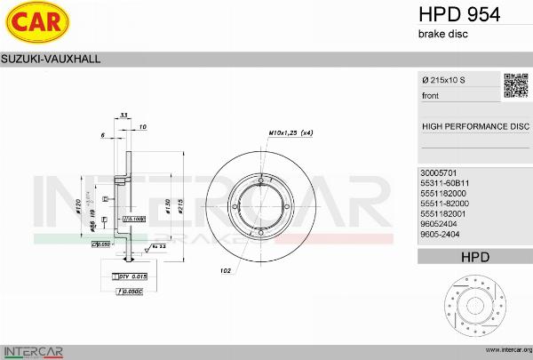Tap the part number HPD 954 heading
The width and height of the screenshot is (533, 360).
pos(458,13)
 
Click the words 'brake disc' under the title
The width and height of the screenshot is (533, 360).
pos(442,34)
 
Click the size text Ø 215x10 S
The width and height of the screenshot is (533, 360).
pos(444,81)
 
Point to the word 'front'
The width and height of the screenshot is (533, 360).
pos(430,95)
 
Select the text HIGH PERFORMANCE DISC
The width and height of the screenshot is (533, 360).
pos(474,126)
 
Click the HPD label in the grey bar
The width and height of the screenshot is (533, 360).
pos(474,257)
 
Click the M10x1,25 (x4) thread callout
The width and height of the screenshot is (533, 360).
pos(290,133)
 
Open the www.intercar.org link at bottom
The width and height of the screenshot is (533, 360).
pos(504,351)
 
